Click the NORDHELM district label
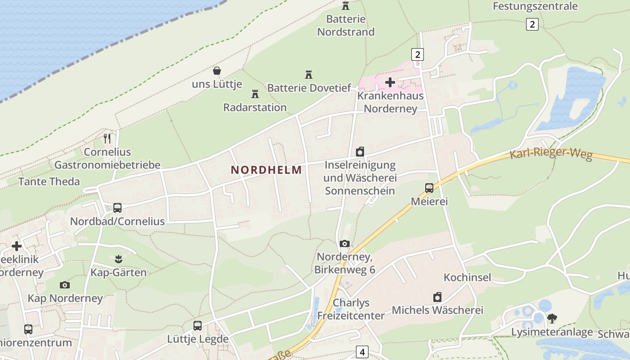266,170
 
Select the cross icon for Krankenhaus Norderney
390,82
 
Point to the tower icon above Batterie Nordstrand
346,6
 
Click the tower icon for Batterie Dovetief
309,75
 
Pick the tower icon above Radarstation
255,94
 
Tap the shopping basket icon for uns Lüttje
217,71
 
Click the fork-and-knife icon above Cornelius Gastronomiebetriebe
107,139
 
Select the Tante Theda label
49,182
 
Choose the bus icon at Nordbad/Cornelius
117,208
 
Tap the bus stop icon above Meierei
429,188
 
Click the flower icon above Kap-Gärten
118,259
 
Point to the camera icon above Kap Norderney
65,285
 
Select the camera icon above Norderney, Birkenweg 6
345,244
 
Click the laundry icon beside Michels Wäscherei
437,297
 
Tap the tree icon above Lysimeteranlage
552,319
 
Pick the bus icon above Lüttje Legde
198,326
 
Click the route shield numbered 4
362,351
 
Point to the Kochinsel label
467,277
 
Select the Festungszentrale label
535,6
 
